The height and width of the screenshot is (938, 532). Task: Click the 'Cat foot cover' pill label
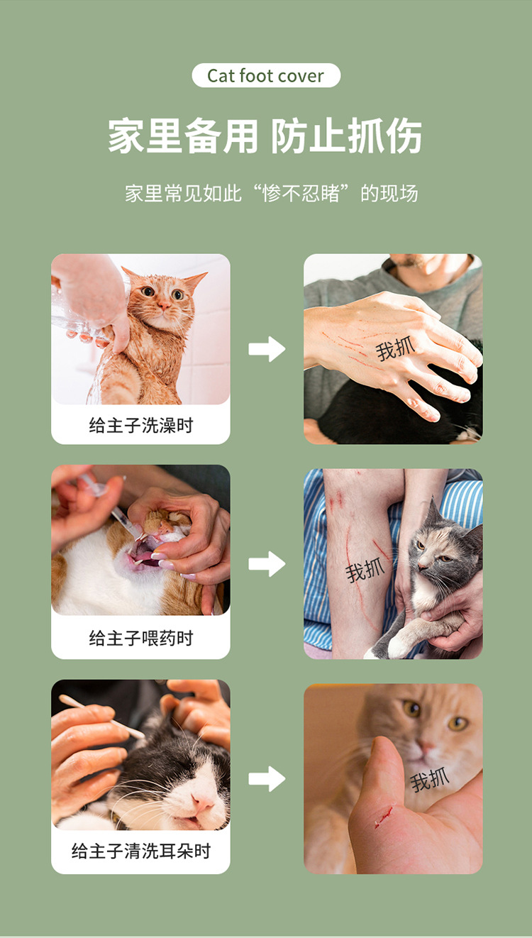point(266,76)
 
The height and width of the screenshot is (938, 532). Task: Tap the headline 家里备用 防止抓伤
point(265,136)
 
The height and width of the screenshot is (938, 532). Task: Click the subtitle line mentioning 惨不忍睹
point(271,193)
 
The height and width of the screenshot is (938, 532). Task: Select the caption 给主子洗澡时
point(140,426)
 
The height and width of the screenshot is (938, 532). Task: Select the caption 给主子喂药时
point(140,639)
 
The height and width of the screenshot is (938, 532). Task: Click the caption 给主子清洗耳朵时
point(140,851)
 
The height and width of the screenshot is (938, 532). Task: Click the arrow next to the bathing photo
point(267,349)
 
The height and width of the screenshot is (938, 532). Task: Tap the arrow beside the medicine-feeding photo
point(267,564)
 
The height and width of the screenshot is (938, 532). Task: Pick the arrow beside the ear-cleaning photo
point(267,778)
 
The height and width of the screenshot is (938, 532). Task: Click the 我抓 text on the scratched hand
point(395,348)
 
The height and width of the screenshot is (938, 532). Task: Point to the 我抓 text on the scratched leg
point(365,570)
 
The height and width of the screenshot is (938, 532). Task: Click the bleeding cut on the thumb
point(384,817)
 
